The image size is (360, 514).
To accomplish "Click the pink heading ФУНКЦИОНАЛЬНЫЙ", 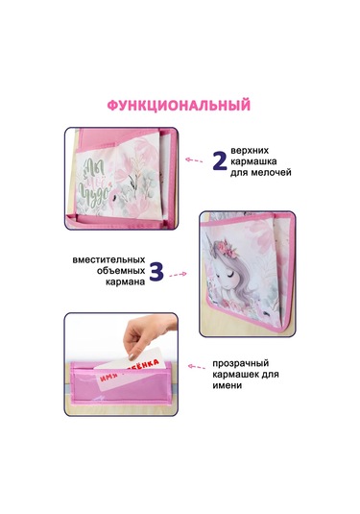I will [x=179, y=105].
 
